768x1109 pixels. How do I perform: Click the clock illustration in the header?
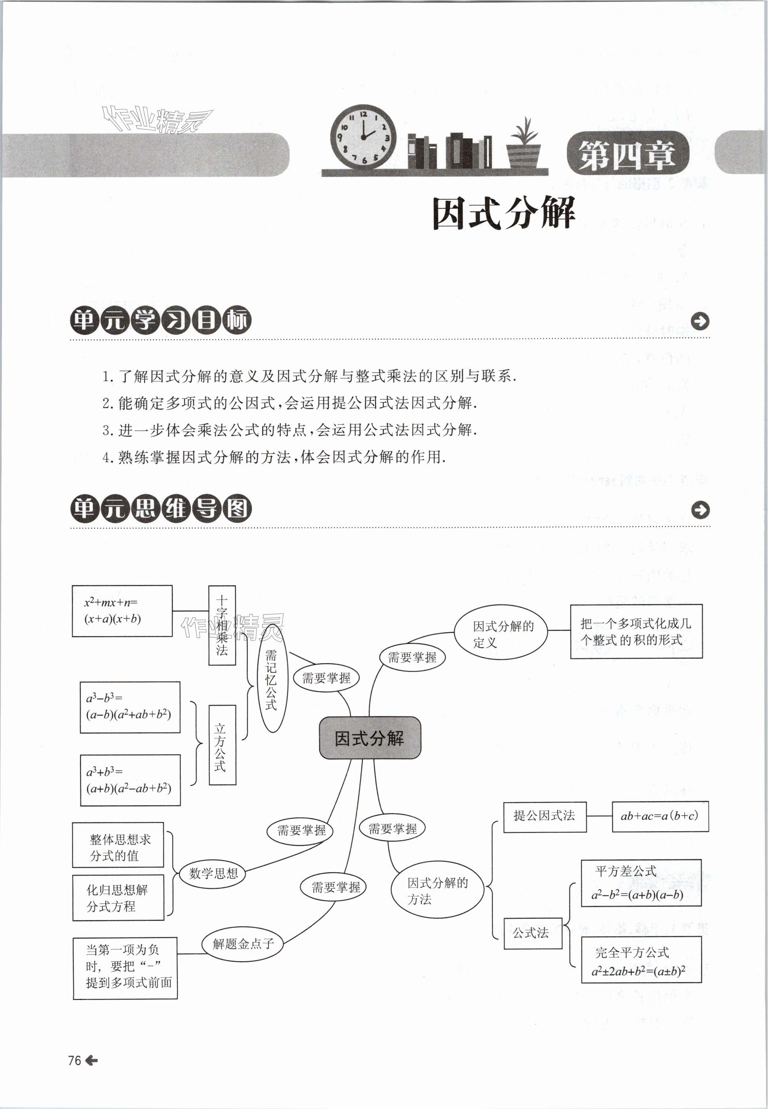click(x=363, y=136)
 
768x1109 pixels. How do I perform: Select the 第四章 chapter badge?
click(x=628, y=154)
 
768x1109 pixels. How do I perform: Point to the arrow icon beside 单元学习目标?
click(x=700, y=321)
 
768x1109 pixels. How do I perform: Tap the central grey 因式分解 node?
click(x=370, y=738)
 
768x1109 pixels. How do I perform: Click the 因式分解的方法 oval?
click(x=437, y=890)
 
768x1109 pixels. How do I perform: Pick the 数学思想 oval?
click(x=213, y=873)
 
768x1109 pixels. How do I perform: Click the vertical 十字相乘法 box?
click(x=222, y=625)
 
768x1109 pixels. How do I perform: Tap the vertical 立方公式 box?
click(x=222, y=745)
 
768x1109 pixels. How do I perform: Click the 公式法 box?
click(x=532, y=933)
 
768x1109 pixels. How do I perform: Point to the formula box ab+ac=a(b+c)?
click(x=660, y=816)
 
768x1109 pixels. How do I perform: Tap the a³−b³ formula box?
click(x=130, y=707)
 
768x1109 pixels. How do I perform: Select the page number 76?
click(x=75, y=1060)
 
